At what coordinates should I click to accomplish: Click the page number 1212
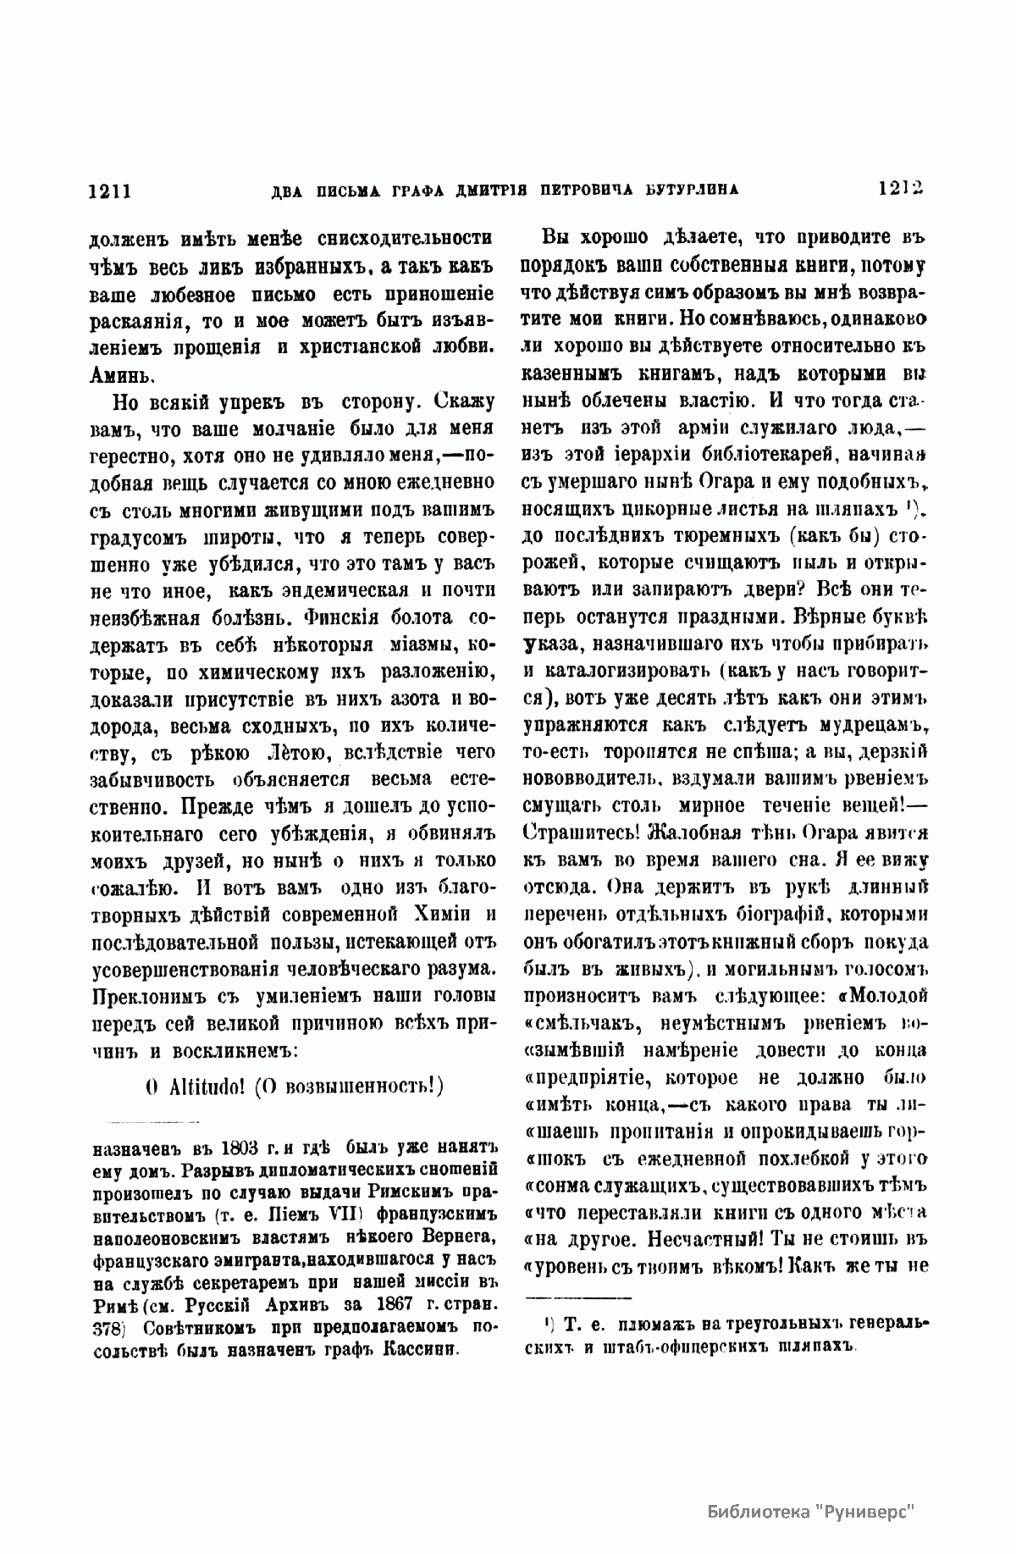tap(899, 189)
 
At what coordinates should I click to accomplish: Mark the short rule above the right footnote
tap(580, 1297)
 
